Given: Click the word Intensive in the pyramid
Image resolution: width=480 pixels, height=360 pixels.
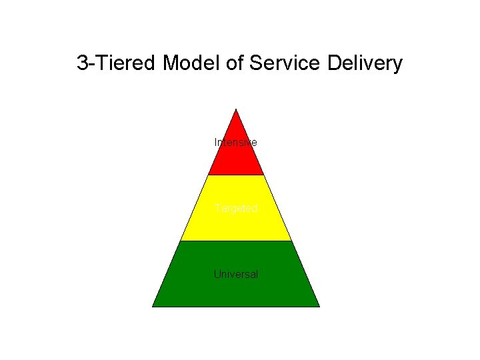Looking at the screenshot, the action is pos(235,143).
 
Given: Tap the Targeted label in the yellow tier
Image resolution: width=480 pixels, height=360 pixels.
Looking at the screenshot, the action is pos(236,208).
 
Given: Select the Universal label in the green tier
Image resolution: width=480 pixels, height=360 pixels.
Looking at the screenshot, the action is pos(236,274).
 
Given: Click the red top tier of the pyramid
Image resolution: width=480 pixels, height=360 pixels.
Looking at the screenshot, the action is pos(236,160).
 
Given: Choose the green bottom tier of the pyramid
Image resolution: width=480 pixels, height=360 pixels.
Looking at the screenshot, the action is pos(236,290).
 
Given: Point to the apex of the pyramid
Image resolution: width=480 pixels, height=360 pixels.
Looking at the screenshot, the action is pos(236,109).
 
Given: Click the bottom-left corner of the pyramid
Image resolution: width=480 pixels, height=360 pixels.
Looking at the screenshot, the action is pos(153,307).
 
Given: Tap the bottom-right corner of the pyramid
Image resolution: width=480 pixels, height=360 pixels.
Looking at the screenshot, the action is pos(319,307).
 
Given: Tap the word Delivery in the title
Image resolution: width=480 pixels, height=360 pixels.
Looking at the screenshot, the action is pos(365,63).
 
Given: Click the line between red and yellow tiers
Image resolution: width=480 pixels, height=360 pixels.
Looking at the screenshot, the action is pos(236,175).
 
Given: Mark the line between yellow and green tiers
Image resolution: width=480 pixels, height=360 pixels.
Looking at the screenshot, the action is pos(236,241).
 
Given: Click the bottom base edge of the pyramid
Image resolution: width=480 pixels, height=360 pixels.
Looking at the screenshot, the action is pos(236,307).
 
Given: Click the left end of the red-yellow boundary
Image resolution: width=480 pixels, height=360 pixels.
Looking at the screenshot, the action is pos(209,175).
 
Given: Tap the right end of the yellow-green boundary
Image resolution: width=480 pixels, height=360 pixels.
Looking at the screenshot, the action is pos(291,241).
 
